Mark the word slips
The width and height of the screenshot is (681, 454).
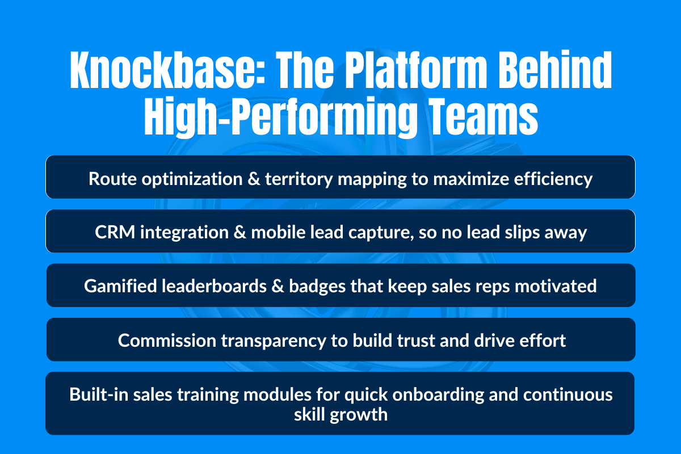click(518, 233)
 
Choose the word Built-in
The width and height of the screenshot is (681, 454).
click(91, 394)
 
